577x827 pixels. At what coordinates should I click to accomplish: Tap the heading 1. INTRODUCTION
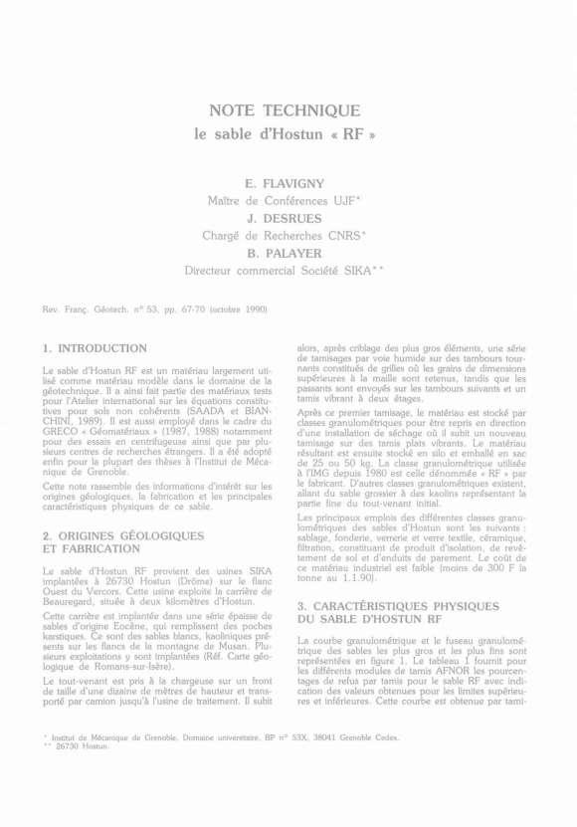(x=95, y=348)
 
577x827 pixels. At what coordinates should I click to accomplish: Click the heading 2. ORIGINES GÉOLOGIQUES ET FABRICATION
(x=123, y=541)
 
